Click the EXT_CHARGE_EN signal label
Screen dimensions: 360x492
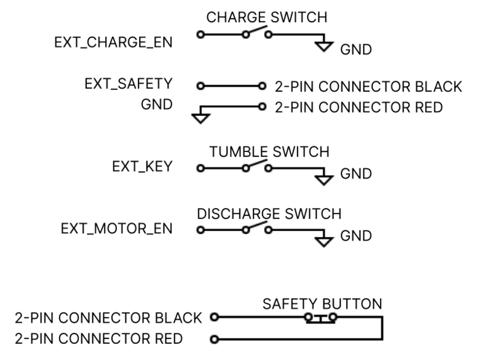point(113,44)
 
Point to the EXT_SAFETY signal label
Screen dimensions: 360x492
point(128,84)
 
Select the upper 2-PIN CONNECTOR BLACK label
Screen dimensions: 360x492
point(368,86)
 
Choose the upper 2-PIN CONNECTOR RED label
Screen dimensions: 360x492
point(358,107)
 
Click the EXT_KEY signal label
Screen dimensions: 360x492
point(143,167)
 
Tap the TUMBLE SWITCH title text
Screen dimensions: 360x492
point(269,151)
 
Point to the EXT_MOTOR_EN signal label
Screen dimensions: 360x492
point(117,229)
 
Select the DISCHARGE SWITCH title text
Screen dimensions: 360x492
point(269,214)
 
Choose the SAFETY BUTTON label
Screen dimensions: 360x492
point(322,304)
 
